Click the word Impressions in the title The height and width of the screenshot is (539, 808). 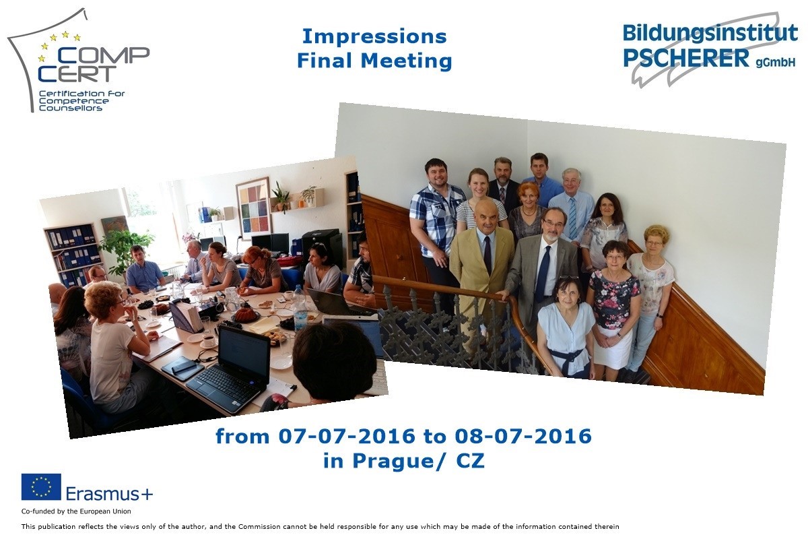click(x=374, y=36)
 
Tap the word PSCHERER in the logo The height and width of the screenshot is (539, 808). click(x=686, y=58)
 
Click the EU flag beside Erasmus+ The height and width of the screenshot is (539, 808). click(x=41, y=486)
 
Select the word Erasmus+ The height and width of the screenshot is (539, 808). click(x=109, y=493)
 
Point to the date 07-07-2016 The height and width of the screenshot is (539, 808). click(x=347, y=436)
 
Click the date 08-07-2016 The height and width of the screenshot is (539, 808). click(x=523, y=436)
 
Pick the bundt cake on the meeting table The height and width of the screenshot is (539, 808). click(x=246, y=315)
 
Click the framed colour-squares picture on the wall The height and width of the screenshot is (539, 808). click(x=253, y=209)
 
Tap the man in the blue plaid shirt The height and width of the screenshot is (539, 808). click(x=437, y=217)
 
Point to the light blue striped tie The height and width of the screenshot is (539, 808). click(x=572, y=218)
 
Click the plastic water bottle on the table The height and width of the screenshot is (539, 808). click(x=300, y=308)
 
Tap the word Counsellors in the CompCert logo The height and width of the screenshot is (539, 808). click(x=70, y=108)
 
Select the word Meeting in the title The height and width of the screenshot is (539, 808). click(x=406, y=61)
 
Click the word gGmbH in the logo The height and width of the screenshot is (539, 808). click(x=776, y=63)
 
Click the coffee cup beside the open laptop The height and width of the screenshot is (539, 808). click(x=209, y=340)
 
